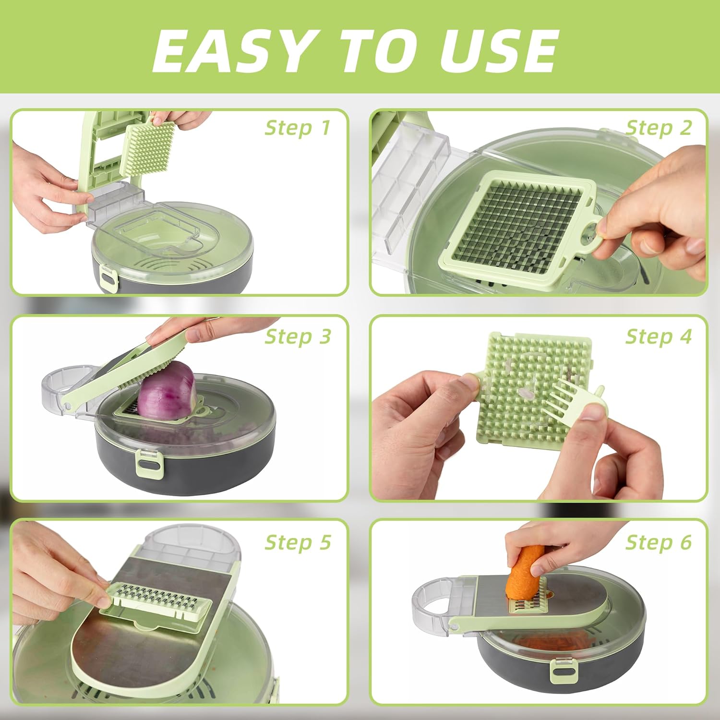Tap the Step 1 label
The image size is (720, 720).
(x=298, y=128)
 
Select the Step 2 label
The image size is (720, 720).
(x=659, y=128)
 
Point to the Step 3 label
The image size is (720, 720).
(x=298, y=336)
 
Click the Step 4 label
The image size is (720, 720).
(x=659, y=336)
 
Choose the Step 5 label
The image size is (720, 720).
(x=298, y=542)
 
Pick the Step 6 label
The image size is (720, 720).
(x=659, y=542)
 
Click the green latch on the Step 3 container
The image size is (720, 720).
(x=150, y=464)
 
